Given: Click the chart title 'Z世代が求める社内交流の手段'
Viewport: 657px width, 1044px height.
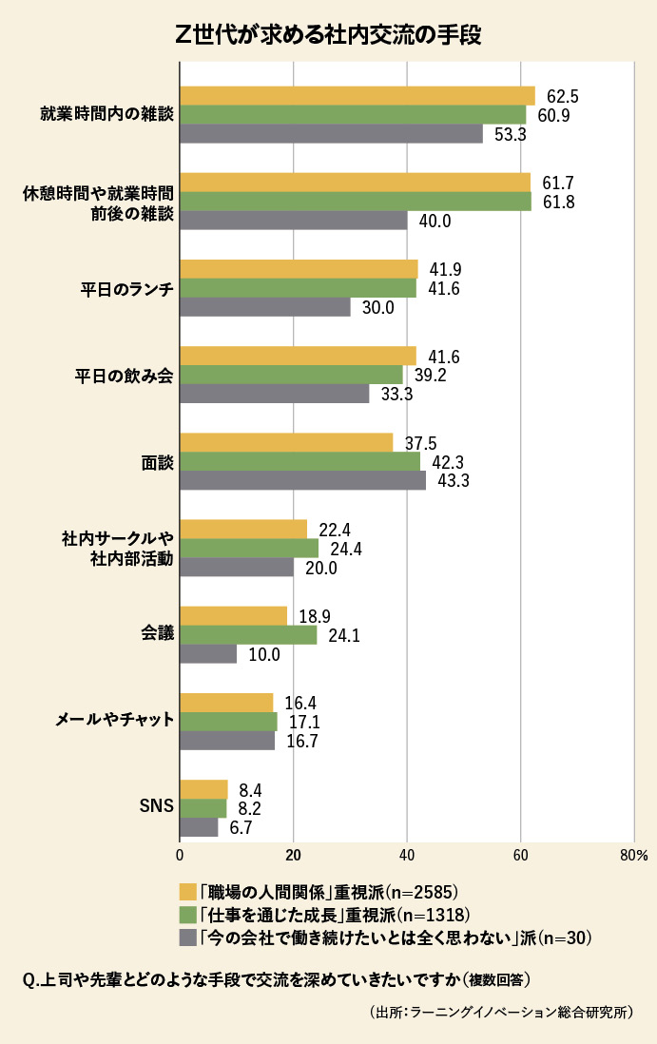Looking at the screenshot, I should tap(328, 35).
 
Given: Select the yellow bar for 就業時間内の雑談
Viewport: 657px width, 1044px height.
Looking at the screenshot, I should tap(357, 95).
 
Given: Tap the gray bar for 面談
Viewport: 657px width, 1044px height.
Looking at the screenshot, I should tap(302, 481).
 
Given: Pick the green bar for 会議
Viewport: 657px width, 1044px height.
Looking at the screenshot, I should tap(248, 635).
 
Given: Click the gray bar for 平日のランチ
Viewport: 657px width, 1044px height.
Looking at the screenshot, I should tap(264, 307).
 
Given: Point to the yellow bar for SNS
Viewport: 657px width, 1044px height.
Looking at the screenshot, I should tap(203, 789).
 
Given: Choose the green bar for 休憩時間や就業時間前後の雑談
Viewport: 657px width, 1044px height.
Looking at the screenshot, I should tap(355, 202).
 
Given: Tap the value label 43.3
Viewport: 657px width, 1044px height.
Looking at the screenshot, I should tap(454, 481).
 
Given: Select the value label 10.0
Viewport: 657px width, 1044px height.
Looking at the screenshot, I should tap(263, 654).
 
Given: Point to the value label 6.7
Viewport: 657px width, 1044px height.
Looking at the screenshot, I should tap(242, 828).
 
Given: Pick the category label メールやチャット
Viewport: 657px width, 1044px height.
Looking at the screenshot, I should tap(114, 721).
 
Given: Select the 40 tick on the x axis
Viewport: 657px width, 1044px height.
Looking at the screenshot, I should tap(407, 856).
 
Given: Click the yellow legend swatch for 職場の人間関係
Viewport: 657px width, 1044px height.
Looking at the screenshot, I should tap(187, 892).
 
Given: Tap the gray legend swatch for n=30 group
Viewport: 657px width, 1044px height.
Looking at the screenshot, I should tap(187, 938).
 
